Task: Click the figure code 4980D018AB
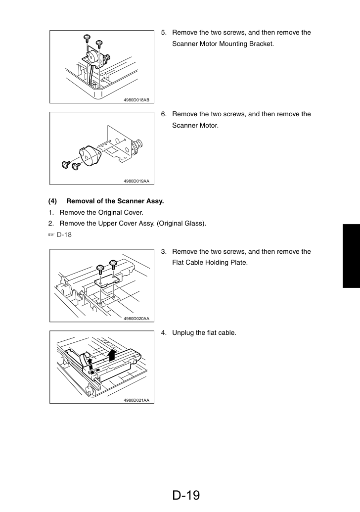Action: pyautogui.click(x=136, y=100)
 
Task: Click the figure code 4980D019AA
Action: pyautogui.click(x=136, y=181)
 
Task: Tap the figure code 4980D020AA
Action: pyautogui.click(x=136, y=319)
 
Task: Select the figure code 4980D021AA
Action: pyautogui.click(x=136, y=400)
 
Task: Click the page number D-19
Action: pyautogui.click(x=186, y=495)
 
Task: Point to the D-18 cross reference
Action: pyautogui.click(x=64, y=235)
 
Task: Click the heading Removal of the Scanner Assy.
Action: pyautogui.click(x=115, y=201)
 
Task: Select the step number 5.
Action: pyautogui.click(x=164, y=33)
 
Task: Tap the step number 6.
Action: pyautogui.click(x=164, y=114)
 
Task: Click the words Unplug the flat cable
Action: pyautogui.click(x=204, y=333)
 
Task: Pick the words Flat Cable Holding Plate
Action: pyautogui.click(x=210, y=263)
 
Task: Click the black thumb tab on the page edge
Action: pyautogui.click(x=351, y=256)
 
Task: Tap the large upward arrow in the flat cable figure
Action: pyautogui.click(x=113, y=354)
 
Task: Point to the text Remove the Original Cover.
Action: pyautogui.click(x=101, y=213)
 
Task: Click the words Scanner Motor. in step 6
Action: pyautogui.click(x=195, y=125)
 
